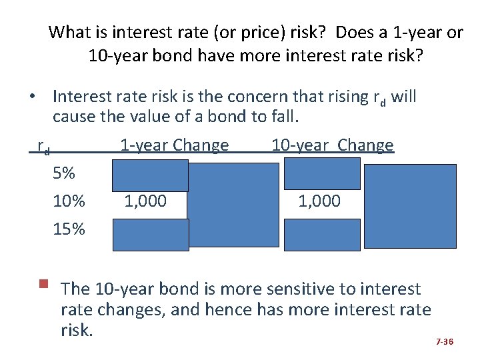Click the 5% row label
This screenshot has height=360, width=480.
click(64, 174)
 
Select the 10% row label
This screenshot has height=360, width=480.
click(69, 201)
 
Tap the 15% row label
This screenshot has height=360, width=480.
click(69, 229)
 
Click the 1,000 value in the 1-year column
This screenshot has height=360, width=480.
click(145, 201)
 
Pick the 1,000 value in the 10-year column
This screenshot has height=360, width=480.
click(319, 201)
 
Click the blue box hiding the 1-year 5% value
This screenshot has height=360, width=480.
click(151, 175)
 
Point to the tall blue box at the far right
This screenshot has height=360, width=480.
click(409, 205)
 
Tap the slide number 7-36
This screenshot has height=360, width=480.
click(444, 342)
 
